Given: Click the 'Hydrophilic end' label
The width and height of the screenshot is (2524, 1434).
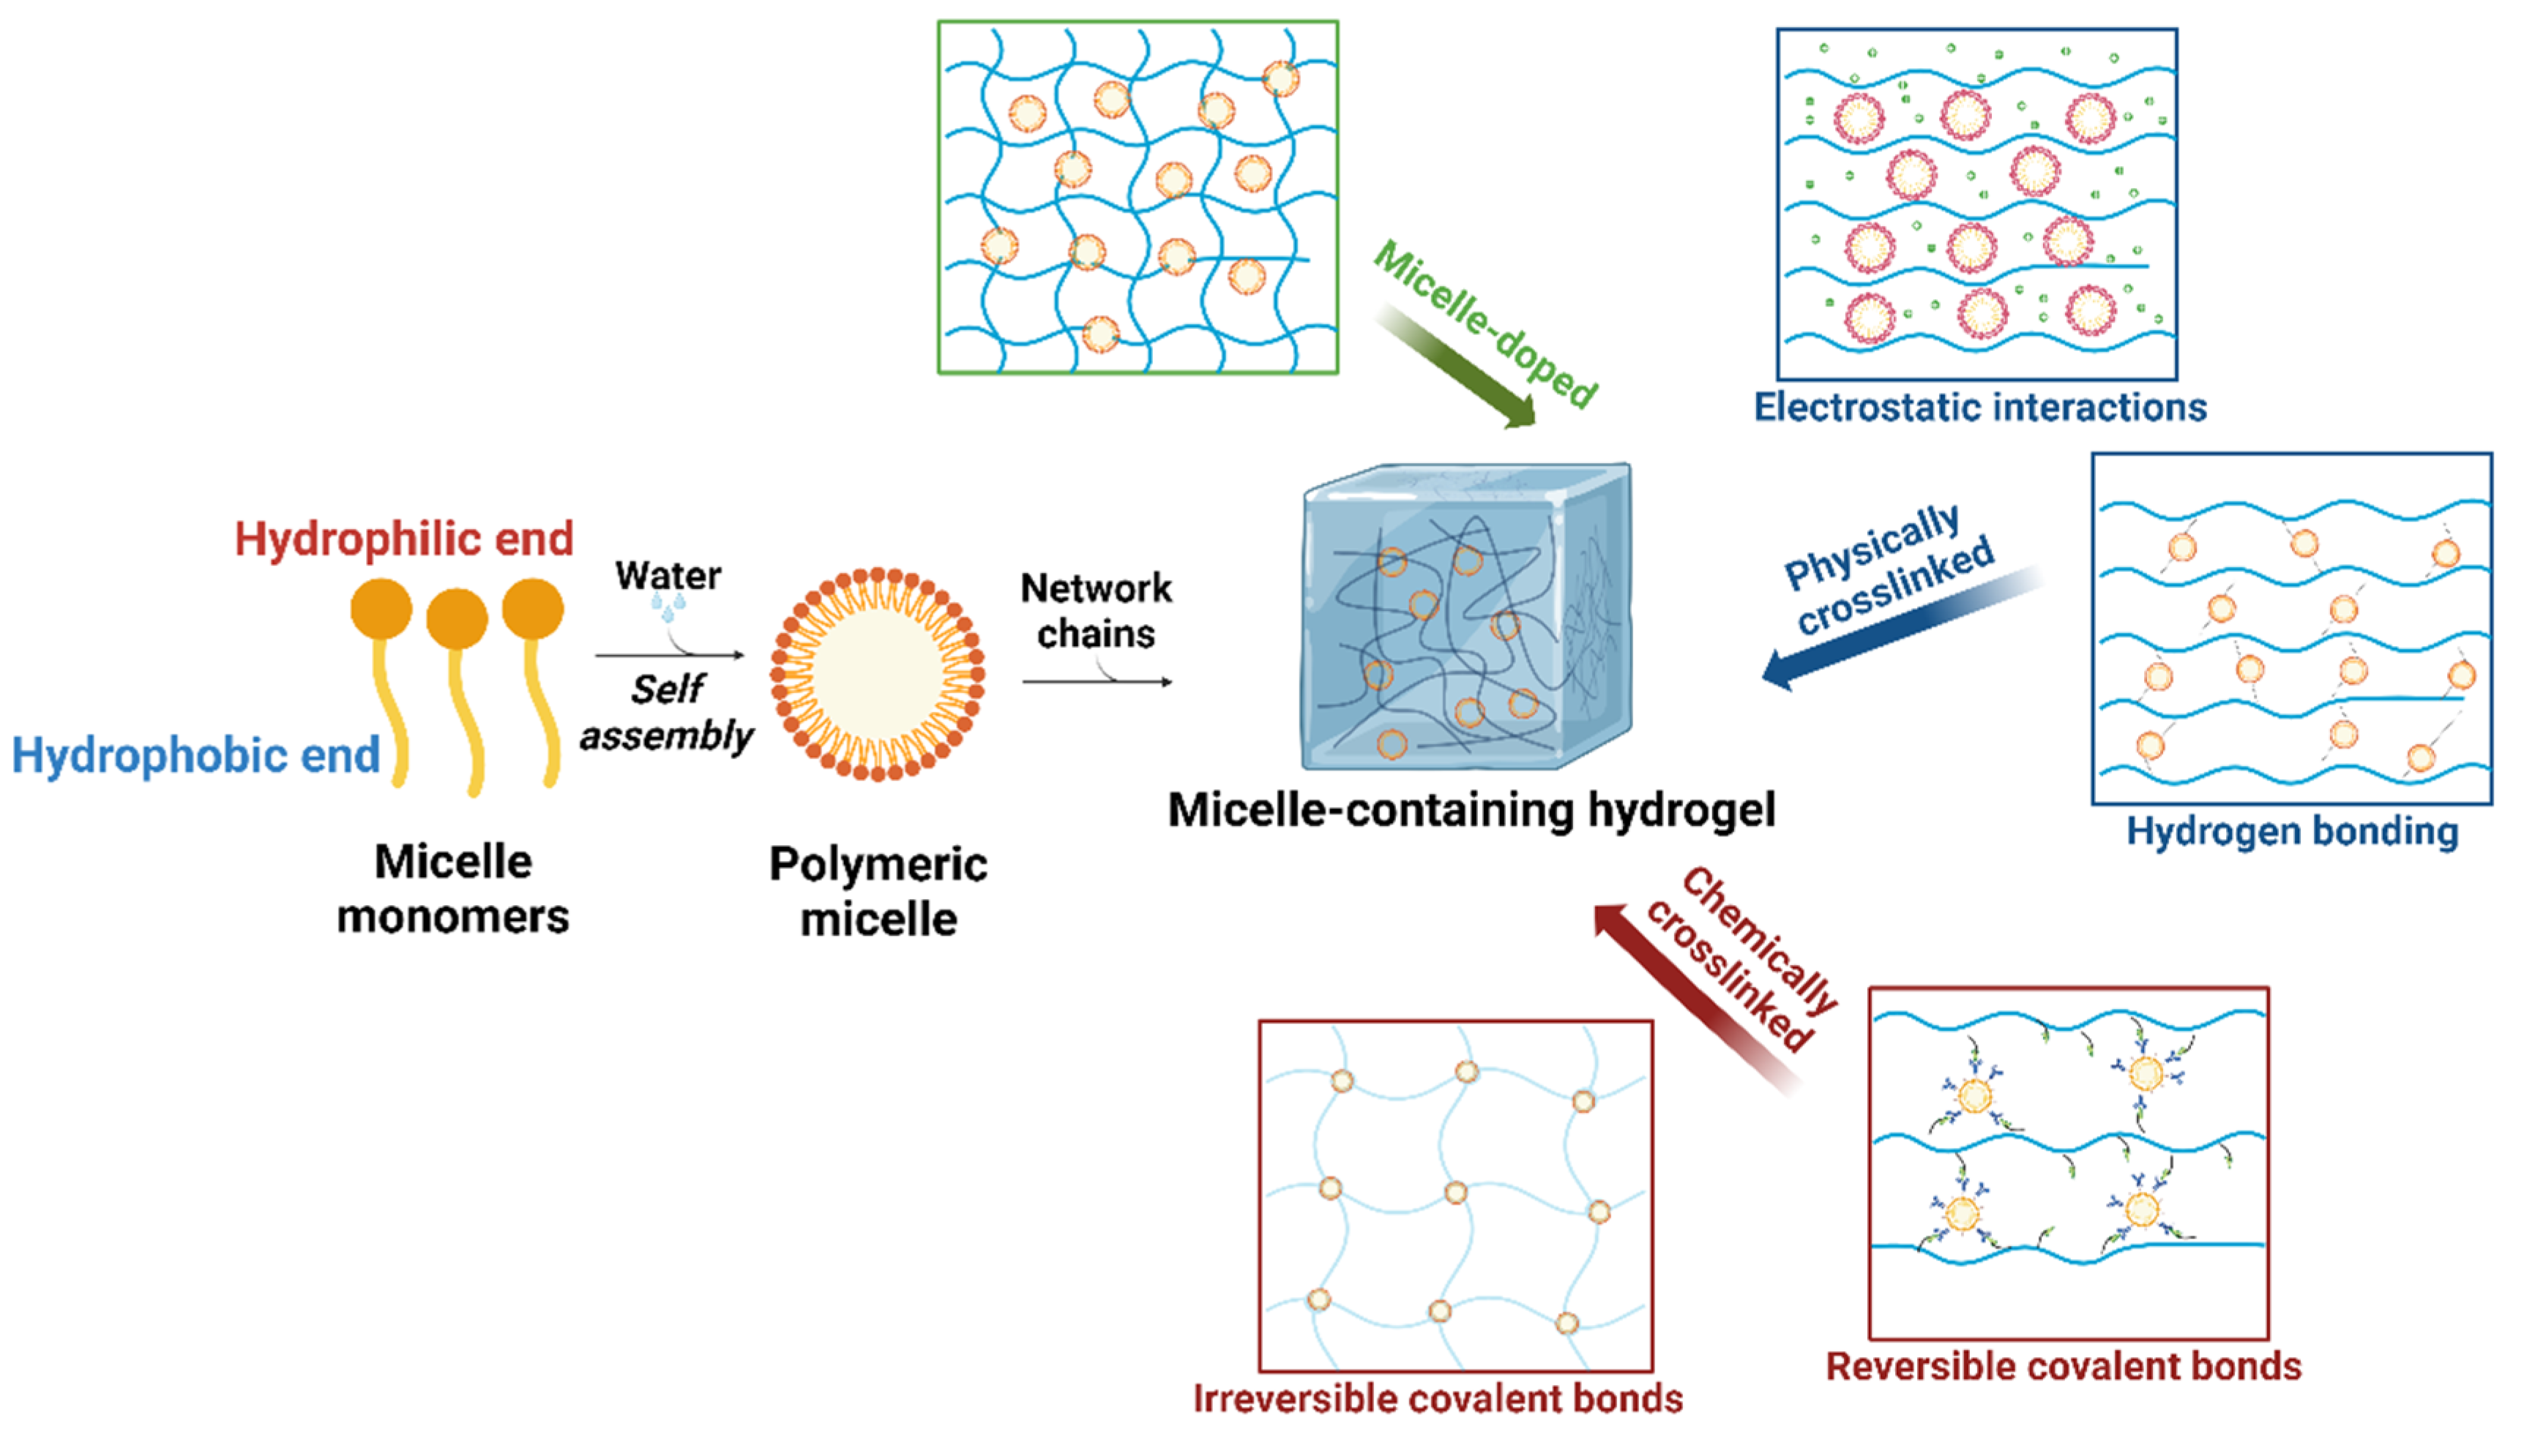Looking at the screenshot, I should pyautogui.click(x=404, y=538).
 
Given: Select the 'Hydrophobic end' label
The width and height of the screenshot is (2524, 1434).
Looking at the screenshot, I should pyautogui.click(x=195, y=755).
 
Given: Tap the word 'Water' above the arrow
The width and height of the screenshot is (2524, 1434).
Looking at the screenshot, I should pyautogui.click(x=668, y=575).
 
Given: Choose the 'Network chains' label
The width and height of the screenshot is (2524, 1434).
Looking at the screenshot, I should pyautogui.click(x=1096, y=611).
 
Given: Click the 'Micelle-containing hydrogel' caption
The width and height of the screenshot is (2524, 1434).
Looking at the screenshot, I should pyautogui.click(x=1471, y=810).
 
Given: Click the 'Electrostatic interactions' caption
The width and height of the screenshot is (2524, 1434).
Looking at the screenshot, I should pyautogui.click(x=1980, y=407).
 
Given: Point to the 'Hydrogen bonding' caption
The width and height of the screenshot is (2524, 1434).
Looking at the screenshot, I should pyautogui.click(x=2293, y=831).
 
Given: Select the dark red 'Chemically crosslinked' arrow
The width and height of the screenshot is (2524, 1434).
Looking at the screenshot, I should pyautogui.click(x=1695, y=995).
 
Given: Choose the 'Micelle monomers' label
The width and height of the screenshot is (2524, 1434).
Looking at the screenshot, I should pyautogui.click(x=453, y=888).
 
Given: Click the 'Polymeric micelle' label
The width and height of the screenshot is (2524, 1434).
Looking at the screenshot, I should pyautogui.click(x=878, y=891).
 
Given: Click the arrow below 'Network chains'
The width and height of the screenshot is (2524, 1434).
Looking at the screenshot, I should pyautogui.click(x=1097, y=680).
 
